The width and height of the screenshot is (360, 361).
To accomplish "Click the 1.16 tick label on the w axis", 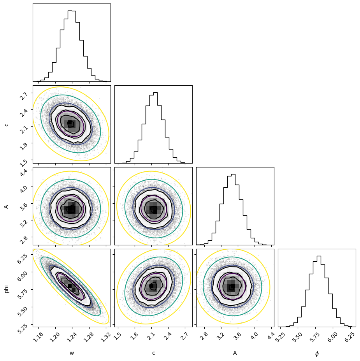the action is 39,337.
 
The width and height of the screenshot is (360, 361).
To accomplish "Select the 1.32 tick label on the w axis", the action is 106,337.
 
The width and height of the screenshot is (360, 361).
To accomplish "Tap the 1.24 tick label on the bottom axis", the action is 72,337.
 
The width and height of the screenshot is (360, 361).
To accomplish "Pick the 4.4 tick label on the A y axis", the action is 24,172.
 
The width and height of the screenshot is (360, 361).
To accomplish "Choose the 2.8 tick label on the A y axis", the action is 24,238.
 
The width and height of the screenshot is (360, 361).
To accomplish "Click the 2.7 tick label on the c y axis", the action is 24,95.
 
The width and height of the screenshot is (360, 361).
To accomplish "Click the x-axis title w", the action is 72,353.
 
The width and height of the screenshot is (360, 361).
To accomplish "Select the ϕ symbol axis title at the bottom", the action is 317,354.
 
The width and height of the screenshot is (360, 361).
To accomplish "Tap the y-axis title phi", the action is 7,288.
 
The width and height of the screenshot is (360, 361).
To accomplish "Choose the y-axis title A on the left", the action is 7,206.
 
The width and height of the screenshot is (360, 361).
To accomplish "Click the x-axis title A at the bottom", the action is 235,353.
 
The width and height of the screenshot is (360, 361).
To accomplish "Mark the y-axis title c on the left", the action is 7,125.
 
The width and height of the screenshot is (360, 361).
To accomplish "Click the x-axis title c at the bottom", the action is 153,353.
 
